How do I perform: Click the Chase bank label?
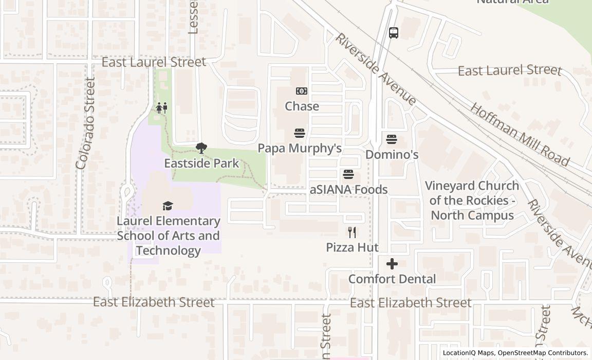(302, 106)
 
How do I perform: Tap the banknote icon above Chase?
(302, 91)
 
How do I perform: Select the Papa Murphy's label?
(300, 149)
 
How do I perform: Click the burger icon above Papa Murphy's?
(300, 134)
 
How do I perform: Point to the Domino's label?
(392, 155)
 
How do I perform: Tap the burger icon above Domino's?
(392, 139)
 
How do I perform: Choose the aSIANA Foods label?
(348, 190)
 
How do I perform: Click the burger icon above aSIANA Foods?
(348, 174)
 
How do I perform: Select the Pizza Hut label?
(352, 247)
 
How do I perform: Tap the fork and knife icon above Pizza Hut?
(352, 232)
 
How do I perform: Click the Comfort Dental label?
(392, 279)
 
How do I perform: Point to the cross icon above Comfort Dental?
(392, 264)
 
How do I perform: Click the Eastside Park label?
(201, 164)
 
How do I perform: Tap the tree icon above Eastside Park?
(201, 149)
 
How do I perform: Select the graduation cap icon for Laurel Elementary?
(168, 206)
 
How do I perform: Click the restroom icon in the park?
(162, 108)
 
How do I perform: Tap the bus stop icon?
(394, 33)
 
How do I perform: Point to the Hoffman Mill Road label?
(520, 135)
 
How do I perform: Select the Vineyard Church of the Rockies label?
(472, 201)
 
